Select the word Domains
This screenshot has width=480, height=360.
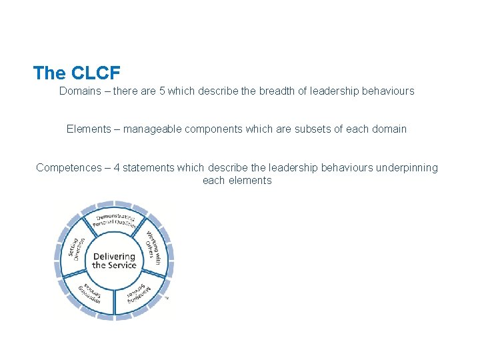(79, 91)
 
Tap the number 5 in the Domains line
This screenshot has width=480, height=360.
(162, 91)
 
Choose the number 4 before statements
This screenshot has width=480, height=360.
(116, 167)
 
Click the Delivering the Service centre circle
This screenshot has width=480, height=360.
(114, 261)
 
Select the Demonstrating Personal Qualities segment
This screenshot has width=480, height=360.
(115, 221)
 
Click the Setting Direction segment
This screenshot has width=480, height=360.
(75, 249)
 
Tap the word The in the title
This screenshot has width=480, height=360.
(48, 73)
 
